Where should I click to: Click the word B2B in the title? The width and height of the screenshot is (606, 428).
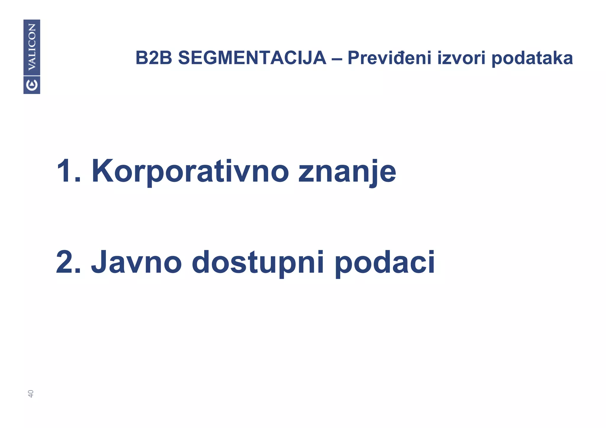pos(154,58)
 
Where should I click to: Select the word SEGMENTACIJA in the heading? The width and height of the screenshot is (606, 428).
pos(252,58)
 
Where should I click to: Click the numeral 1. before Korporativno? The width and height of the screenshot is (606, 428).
pos(68,172)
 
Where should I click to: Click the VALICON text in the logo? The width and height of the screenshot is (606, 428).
pos(32,47)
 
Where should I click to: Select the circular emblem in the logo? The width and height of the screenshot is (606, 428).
pos(32,85)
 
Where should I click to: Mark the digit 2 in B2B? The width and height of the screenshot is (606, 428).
pos(154,58)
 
